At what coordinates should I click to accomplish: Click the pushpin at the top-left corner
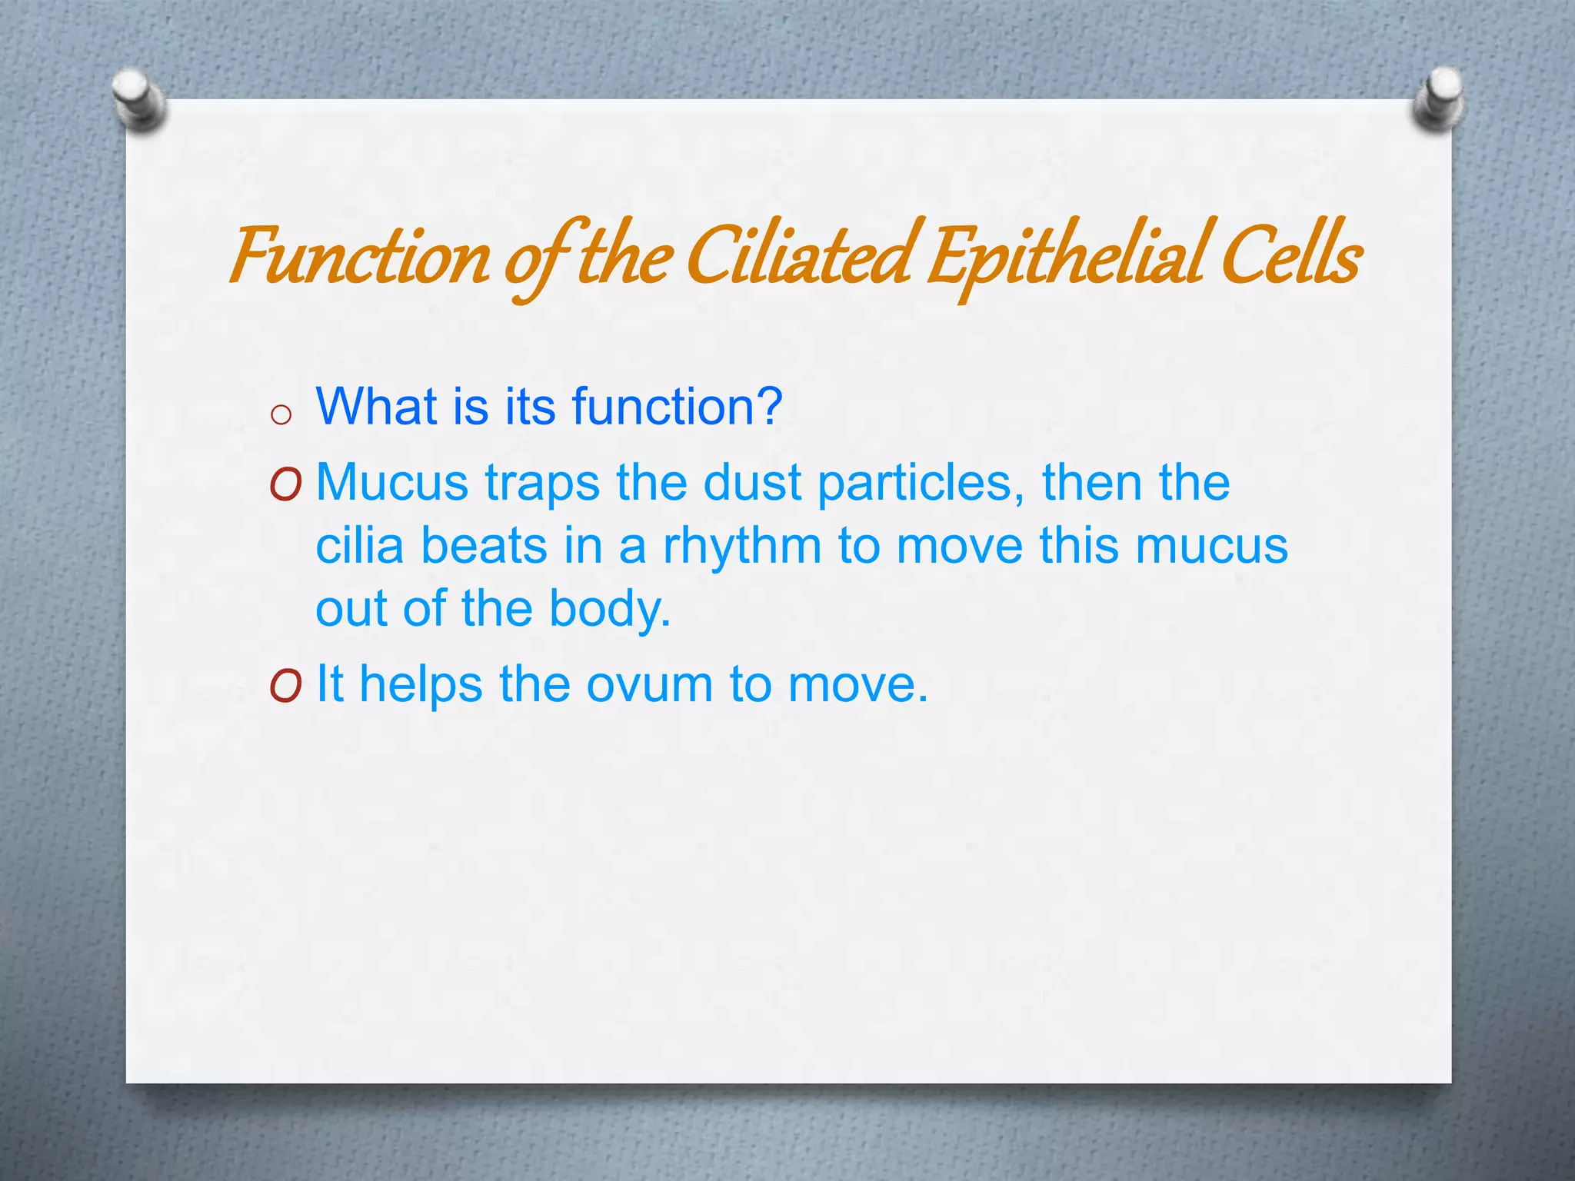(138, 98)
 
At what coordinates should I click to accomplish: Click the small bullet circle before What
(281, 415)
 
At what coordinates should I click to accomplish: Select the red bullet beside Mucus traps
(285, 485)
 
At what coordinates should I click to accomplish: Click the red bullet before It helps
(285, 685)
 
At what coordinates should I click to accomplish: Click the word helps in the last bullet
(421, 685)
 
